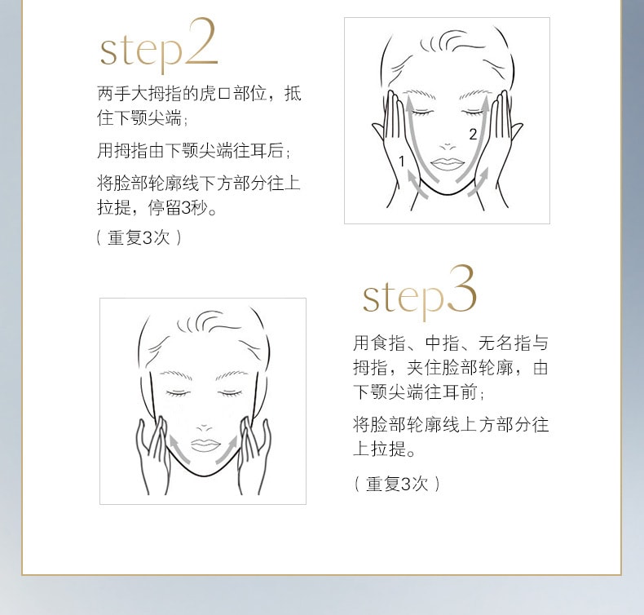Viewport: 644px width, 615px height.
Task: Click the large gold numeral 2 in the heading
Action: click(x=201, y=42)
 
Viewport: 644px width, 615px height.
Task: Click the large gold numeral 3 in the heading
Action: click(x=461, y=289)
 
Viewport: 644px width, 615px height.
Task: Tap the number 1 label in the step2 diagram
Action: click(x=402, y=161)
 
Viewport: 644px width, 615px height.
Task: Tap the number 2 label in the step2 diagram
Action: click(x=473, y=135)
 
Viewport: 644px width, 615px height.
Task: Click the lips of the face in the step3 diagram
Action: click(x=205, y=445)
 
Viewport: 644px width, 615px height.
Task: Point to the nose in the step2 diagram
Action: click(x=448, y=147)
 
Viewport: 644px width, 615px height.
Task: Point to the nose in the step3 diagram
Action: click(x=204, y=428)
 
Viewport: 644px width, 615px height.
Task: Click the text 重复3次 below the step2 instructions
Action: click(x=139, y=237)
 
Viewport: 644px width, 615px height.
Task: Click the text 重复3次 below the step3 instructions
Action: click(x=397, y=484)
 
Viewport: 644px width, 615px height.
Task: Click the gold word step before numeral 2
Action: click(x=141, y=51)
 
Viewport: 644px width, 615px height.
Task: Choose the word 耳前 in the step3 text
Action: click(x=460, y=392)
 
